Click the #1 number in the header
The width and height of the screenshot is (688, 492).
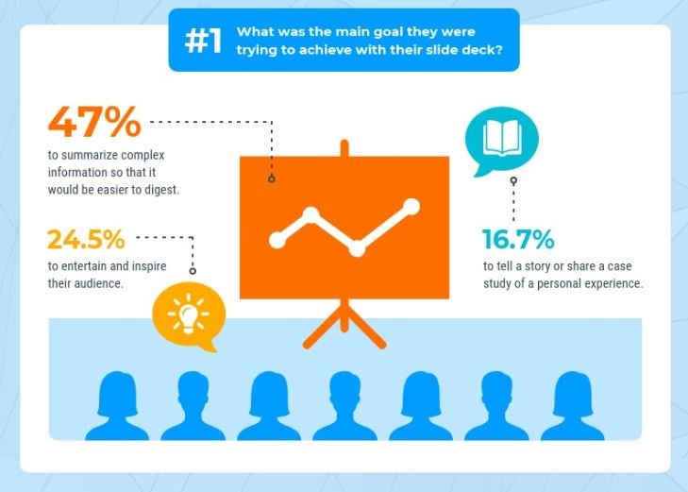203,41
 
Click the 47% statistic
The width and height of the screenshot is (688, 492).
94,122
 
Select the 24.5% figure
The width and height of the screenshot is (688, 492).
86,239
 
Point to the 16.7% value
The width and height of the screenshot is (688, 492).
518,239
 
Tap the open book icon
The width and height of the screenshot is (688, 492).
502,137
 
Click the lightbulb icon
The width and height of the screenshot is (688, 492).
189,314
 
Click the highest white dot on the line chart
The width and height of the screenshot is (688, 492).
411,207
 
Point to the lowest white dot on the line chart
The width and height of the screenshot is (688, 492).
357,248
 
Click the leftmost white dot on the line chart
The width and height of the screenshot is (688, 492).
277,240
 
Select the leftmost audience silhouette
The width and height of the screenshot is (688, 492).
117,406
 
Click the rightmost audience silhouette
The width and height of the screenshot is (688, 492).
573,406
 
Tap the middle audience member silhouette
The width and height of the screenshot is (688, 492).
344,406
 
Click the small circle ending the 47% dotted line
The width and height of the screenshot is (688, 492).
272,178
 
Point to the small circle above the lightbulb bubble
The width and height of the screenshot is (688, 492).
193,271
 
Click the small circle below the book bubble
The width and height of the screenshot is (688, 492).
513,180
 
